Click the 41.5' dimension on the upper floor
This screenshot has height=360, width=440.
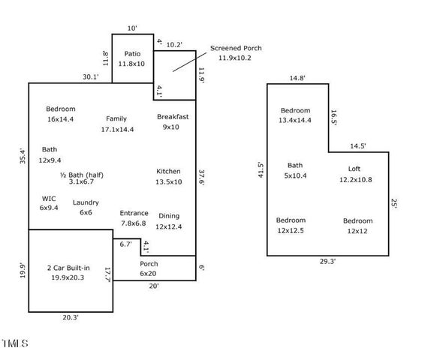[x=260, y=170]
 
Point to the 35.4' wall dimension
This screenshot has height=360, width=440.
[x=22, y=157]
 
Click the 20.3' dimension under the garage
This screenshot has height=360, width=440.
[x=71, y=318]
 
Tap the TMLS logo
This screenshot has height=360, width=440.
[x=14, y=343]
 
